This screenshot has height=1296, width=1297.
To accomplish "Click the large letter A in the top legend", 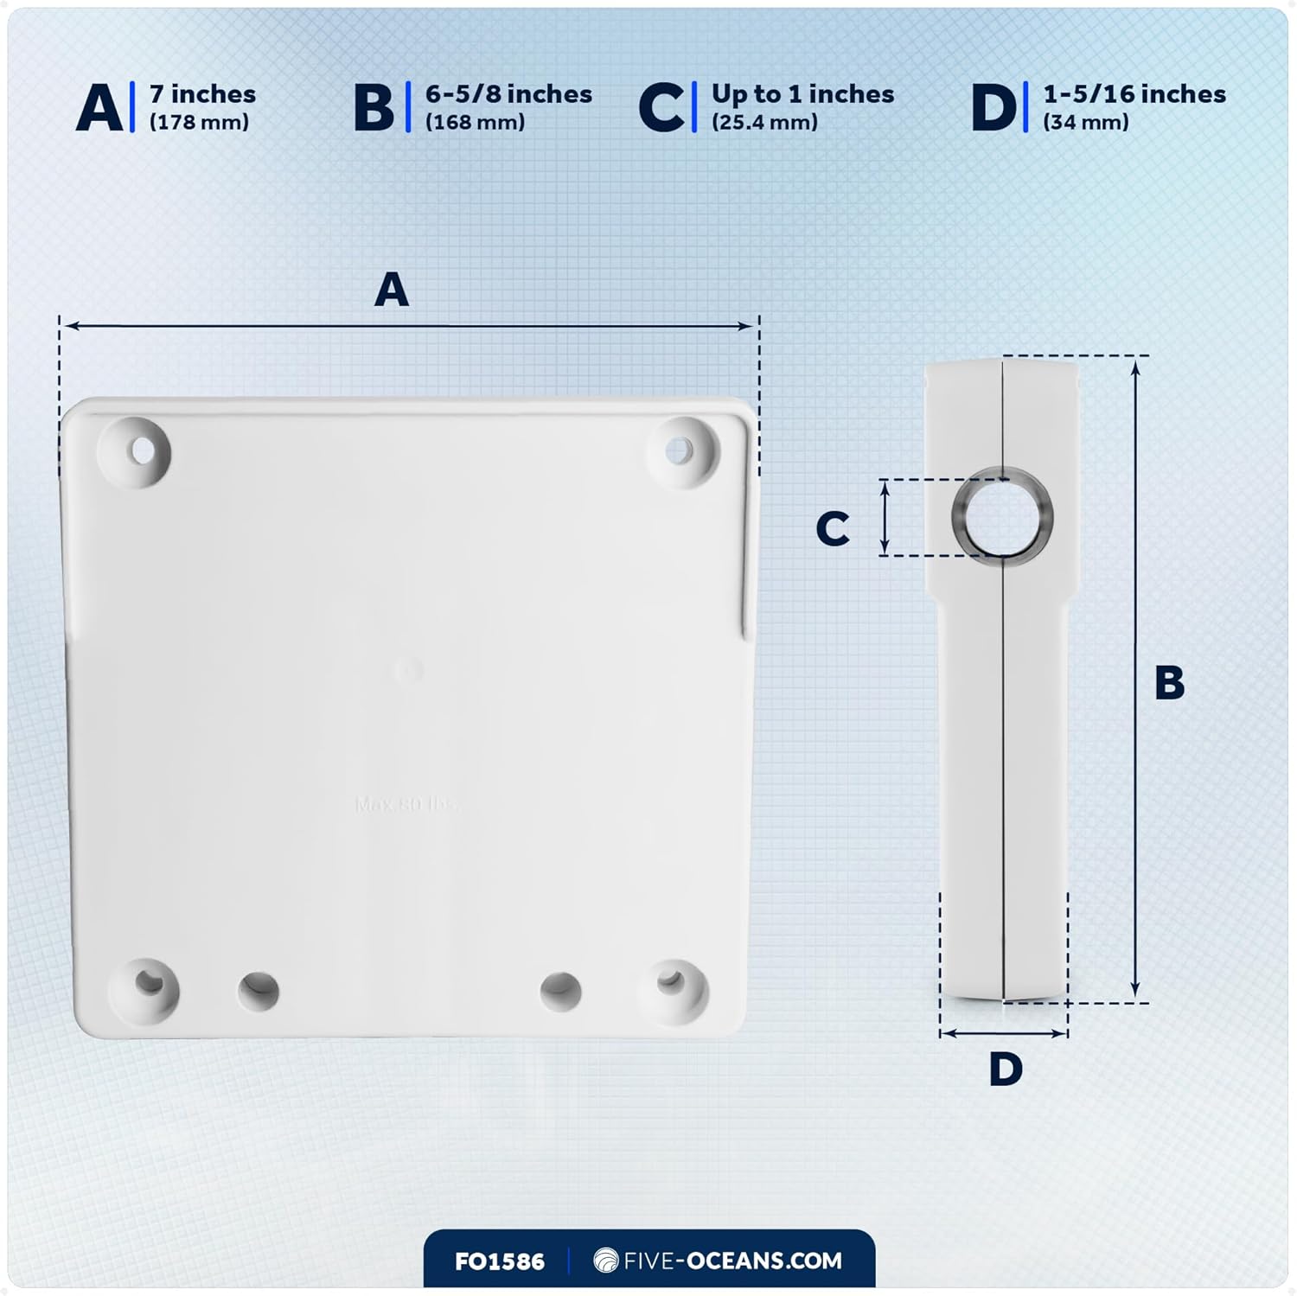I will tap(100, 109).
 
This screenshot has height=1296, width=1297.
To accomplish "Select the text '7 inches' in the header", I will tap(202, 93).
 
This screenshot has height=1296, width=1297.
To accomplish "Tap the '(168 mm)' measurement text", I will tap(475, 122).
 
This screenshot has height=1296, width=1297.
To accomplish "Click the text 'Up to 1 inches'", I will tap(802, 93).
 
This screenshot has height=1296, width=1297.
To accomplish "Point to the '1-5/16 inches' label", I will tap(1134, 93).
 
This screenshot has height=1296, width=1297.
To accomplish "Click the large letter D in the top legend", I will tap(994, 109).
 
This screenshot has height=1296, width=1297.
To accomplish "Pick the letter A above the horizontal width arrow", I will tap(391, 290).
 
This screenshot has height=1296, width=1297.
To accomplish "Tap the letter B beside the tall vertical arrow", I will tap(1169, 682).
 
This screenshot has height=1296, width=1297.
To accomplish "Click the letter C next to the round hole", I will tap(833, 528).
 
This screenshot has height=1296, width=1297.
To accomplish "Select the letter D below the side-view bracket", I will tap(1005, 1069).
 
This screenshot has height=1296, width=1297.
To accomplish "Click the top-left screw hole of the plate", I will tap(139, 450).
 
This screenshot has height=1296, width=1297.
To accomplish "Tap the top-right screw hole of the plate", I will tap(680, 450).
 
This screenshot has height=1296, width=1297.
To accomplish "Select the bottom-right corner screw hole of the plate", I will tap(671, 981).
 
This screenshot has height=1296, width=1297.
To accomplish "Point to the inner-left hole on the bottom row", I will tap(258, 991).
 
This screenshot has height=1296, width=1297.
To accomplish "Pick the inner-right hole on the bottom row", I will tap(559, 991).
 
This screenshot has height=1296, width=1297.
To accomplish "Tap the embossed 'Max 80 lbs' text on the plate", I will tap(406, 804).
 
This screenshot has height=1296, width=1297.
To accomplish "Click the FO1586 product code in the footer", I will tap(499, 1261).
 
